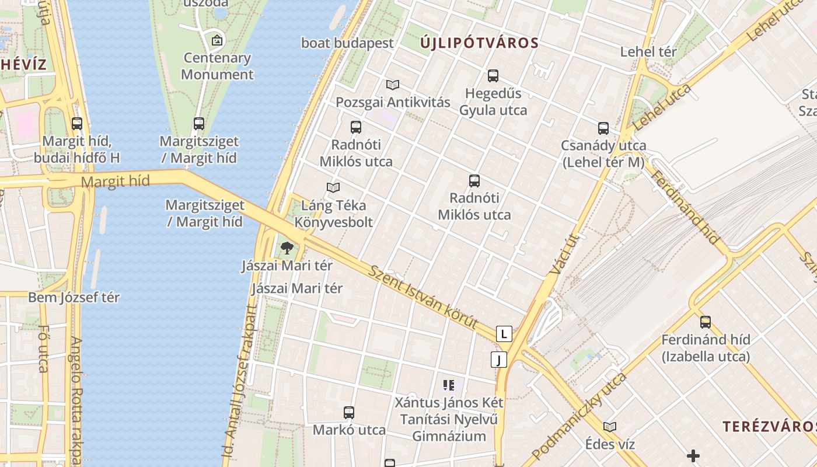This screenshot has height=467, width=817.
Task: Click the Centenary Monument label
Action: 217,66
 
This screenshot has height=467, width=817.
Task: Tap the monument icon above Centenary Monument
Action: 217,40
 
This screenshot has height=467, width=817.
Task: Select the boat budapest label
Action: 347,43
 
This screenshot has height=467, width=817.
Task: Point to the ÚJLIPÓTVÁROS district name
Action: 479,43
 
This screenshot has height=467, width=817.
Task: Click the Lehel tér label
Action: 648,51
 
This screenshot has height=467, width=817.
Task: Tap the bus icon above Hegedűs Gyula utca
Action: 493,75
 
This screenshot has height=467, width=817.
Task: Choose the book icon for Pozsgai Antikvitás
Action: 393,85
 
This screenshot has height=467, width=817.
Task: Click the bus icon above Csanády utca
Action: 603,128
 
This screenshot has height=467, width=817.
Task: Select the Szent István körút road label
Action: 423,297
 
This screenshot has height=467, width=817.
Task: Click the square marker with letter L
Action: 504,334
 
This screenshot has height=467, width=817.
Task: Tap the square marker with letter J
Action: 499,360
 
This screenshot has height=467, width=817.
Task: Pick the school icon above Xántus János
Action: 448,385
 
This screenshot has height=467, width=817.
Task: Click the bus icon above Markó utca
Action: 349,413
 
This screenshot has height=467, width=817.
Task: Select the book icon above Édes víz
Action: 610,427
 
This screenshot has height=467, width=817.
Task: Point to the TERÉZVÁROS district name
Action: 769,426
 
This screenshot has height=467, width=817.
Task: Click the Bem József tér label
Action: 74,297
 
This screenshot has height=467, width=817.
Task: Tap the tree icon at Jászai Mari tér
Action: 287,248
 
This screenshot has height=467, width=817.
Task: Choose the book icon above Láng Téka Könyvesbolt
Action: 333,187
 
